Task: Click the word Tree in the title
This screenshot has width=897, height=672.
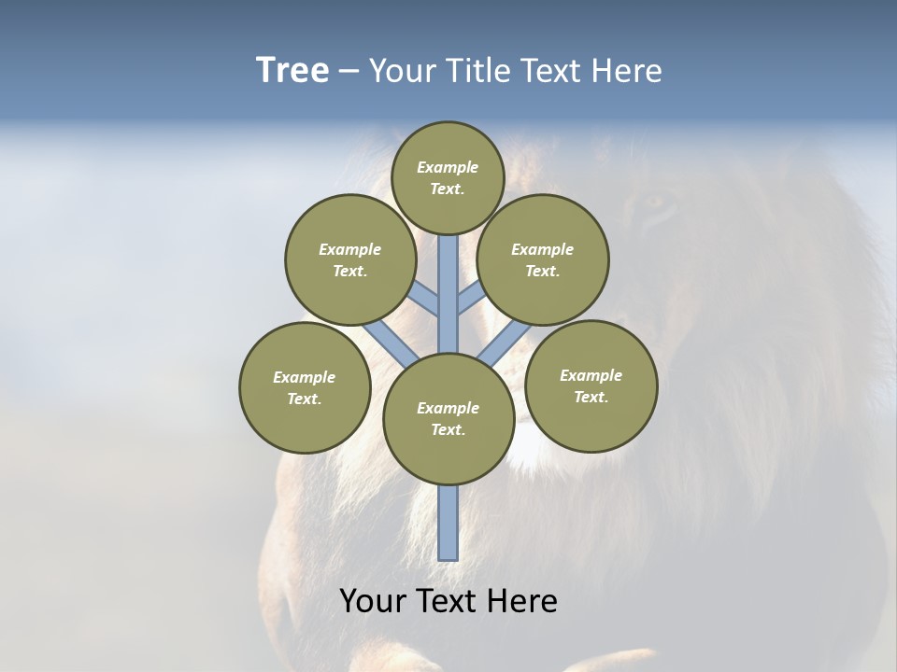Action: point(292,71)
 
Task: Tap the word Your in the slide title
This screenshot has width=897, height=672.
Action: point(399,71)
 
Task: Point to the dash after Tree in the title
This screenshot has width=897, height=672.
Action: point(349,72)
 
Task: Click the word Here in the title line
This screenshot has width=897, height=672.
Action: point(629,71)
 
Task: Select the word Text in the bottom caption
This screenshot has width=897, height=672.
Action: point(449,601)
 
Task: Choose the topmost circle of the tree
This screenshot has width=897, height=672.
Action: point(448,177)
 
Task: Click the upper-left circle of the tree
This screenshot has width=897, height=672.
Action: point(350,259)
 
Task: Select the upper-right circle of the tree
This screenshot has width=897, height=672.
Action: point(543,259)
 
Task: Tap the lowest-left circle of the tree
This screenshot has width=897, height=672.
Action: point(305,387)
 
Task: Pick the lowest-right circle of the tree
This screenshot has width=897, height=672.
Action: point(591,385)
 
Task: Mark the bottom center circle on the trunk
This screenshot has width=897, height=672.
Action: point(448,419)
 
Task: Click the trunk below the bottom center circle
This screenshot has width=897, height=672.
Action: point(448,523)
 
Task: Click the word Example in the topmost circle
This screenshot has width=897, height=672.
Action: point(448,167)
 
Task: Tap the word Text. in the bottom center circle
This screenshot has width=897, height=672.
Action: point(448,429)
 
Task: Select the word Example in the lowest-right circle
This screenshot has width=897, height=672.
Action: point(591,375)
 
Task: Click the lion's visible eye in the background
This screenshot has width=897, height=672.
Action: point(657,201)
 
